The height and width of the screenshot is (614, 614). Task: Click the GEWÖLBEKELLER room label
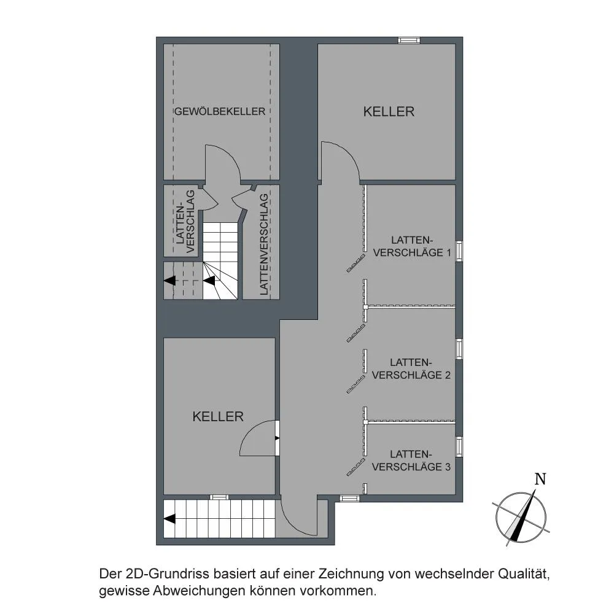220,111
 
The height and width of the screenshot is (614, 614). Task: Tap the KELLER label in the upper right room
389,112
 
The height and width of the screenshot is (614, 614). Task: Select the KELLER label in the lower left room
218,416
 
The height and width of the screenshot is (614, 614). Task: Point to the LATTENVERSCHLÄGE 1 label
412,246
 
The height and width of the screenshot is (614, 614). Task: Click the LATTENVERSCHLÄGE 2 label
411,368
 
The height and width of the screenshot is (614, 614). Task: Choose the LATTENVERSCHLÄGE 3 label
411,460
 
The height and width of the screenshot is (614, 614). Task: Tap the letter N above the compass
540,479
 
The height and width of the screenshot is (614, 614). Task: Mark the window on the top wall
409,40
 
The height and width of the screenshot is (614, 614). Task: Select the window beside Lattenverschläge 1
459,251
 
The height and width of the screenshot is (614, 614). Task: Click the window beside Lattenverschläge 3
459,446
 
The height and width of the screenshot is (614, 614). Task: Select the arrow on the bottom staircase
169,519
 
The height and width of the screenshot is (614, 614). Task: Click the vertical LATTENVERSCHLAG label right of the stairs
264,244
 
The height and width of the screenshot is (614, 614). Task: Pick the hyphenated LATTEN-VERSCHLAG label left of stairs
185,222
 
